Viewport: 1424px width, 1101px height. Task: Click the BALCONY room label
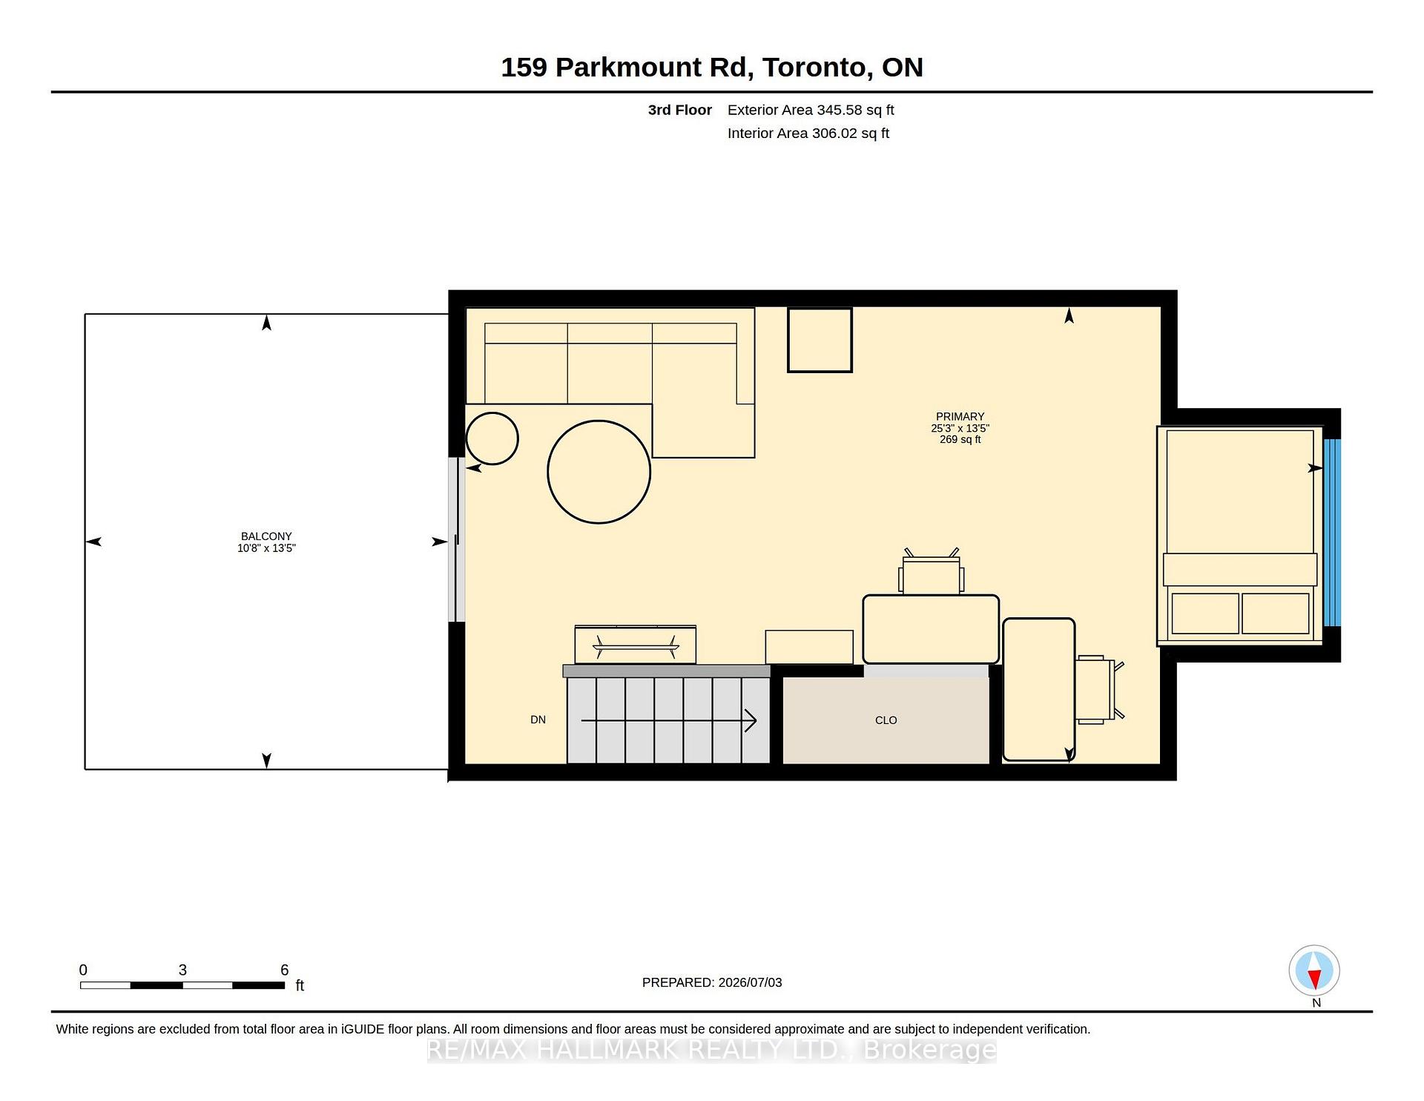(x=266, y=536)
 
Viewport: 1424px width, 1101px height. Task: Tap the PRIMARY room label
(x=960, y=417)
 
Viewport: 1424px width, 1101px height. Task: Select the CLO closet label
(x=886, y=720)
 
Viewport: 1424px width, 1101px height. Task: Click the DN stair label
(x=538, y=720)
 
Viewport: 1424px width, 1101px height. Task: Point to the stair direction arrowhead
(x=751, y=720)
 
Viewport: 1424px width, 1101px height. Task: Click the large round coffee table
(x=599, y=472)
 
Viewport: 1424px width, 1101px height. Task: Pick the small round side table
(x=492, y=438)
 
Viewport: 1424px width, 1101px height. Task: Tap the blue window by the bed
(x=1332, y=533)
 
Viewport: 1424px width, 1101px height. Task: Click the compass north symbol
(x=1314, y=970)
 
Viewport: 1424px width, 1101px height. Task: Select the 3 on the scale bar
(x=182, y=970)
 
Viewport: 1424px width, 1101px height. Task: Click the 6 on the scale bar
(x=284, y=970)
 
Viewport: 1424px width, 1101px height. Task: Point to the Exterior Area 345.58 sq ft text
(x=811, y=110)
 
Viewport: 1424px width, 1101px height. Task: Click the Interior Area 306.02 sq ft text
(x=808, y=134)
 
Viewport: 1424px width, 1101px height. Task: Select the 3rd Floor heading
(x=680, y=110)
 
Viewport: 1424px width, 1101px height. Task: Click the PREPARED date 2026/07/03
(x=750, y=982)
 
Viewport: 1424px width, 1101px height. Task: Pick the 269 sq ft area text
(x=960, y=439)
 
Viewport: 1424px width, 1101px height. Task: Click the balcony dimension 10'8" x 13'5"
(x=266, y=548)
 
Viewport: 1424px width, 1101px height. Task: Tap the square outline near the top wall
(x=820, y=340)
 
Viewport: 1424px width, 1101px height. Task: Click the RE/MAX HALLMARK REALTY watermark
(x=712, y=1050)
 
